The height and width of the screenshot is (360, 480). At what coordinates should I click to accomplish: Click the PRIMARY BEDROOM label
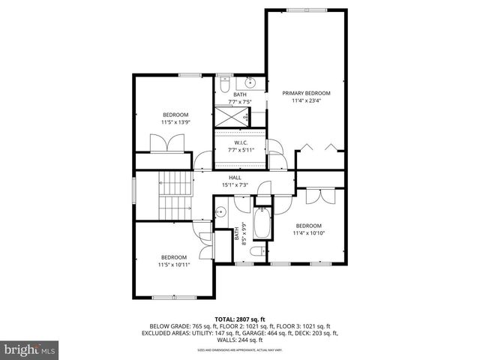point(306,94)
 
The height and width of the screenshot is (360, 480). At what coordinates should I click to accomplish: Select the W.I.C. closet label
point(241,142)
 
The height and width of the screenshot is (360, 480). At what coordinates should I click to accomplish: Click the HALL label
point(235,177)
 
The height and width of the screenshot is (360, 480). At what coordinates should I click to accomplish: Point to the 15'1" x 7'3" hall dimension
point(235,184)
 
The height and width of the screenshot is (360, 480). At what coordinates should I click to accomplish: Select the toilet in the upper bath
point(224,84)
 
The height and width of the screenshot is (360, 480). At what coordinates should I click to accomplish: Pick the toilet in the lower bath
point(257,250)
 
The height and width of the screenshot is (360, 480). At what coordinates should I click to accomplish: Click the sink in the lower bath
point(220,213)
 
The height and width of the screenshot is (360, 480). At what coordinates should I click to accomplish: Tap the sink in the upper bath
point(252,82)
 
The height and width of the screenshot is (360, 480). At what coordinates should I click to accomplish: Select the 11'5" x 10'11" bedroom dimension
point(174,265)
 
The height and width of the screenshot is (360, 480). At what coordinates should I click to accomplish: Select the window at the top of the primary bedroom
point(306,10)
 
